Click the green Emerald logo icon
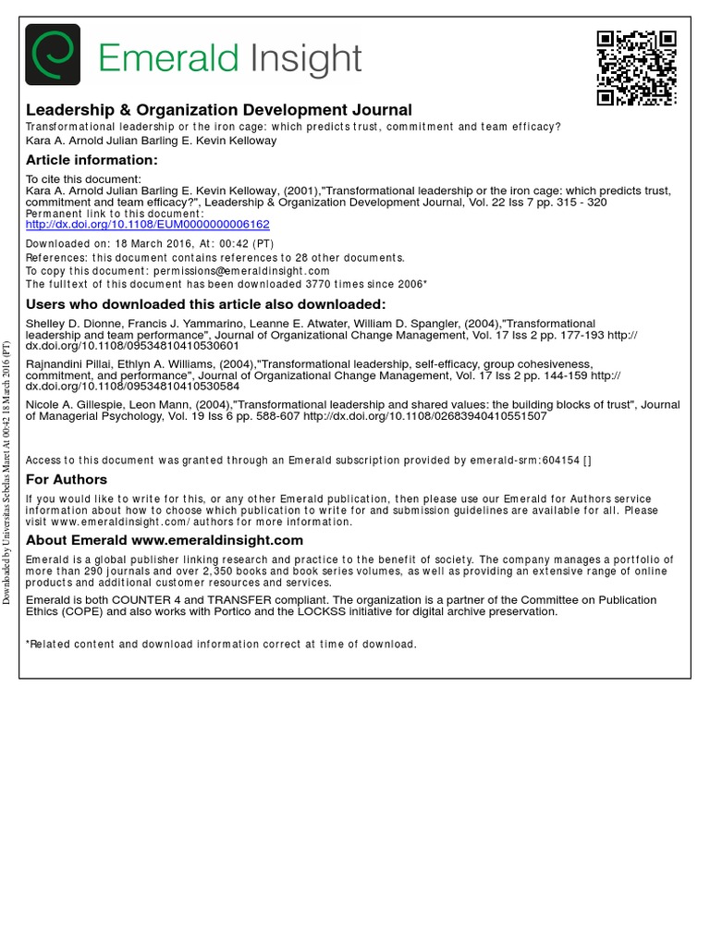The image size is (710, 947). pos(53,55)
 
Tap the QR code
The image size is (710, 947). pos(636,68)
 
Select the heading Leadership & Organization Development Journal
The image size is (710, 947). pos(218,110)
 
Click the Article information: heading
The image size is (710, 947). pos(92,160)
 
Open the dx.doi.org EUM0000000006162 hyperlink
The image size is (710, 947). pos(147,225)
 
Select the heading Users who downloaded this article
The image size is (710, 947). pos(205,304)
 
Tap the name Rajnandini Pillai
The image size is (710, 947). pos(64,364)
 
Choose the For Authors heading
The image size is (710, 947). pos(67,479)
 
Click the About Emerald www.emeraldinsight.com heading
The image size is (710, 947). pos(165,540)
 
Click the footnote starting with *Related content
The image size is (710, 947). pos(221,644)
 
